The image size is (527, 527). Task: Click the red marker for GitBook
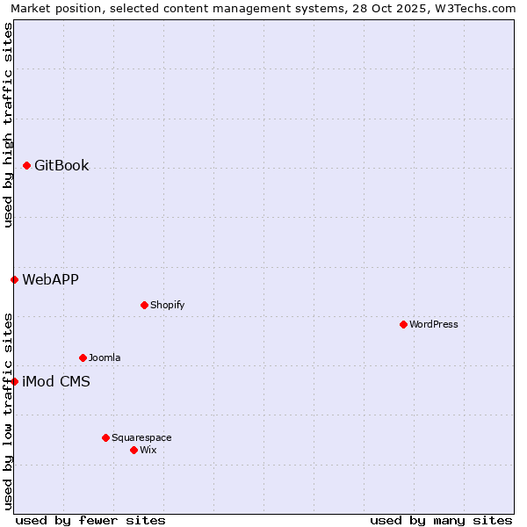[x=27, y=165]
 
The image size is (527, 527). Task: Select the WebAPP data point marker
[x=15, y=279]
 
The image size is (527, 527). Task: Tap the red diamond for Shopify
[x=145, y=305]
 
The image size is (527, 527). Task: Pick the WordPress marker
[x=404, y=324]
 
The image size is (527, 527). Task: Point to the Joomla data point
[x=83, y=357]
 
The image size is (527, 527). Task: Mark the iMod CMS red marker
[x=15, y=381]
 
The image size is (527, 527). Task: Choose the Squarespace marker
[x=106, y=437]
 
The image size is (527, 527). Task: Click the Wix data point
[x=134, y=450]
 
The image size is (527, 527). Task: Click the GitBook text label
[x=61, y=165]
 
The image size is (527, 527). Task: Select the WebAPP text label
[x=50, y=279]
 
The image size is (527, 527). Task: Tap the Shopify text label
[x=167, y=305]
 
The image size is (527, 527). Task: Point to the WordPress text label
[x=434, y=324]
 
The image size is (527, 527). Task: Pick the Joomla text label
[x=105, y=357]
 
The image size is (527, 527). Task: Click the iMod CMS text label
[x=56, y=381]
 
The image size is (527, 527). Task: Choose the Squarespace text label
[x=141, y=437]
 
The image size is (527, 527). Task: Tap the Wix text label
[x=148, y=450]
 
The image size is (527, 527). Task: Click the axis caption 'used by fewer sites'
[x=90, y=520]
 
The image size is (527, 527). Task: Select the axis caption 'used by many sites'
[x=441, y=520]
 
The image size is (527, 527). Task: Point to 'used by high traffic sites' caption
[x=8, y=125]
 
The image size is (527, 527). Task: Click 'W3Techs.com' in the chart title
[x=475, y=8]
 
